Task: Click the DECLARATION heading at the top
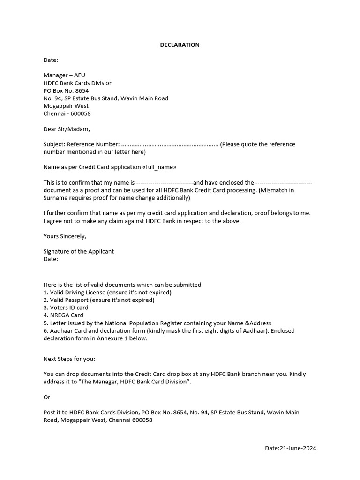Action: click(180, 45)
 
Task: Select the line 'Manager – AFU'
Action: click(64, 75)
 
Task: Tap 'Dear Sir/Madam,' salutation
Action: click(66, 129)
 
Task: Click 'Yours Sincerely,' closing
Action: click(65, 236)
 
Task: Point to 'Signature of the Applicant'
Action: click(79, 251)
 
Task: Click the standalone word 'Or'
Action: click(47, 397)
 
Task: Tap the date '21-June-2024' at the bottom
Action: click(298, 449)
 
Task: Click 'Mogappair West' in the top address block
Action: click(66, 106)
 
